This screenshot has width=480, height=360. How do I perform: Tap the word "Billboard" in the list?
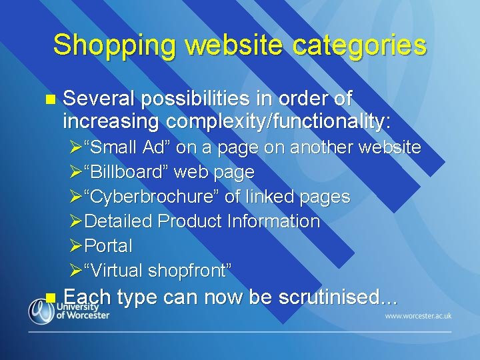tap(127, 172)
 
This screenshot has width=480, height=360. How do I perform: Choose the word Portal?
tap(109, 246)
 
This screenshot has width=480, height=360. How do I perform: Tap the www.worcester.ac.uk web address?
tap(418, 315)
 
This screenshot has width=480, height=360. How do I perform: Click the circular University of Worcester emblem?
tap(41, 311)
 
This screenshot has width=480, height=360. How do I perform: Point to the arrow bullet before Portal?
tap(76, 246)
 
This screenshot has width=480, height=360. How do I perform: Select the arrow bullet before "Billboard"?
tap(76, 172)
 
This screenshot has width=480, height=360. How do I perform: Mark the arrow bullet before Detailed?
tap(76, 221)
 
